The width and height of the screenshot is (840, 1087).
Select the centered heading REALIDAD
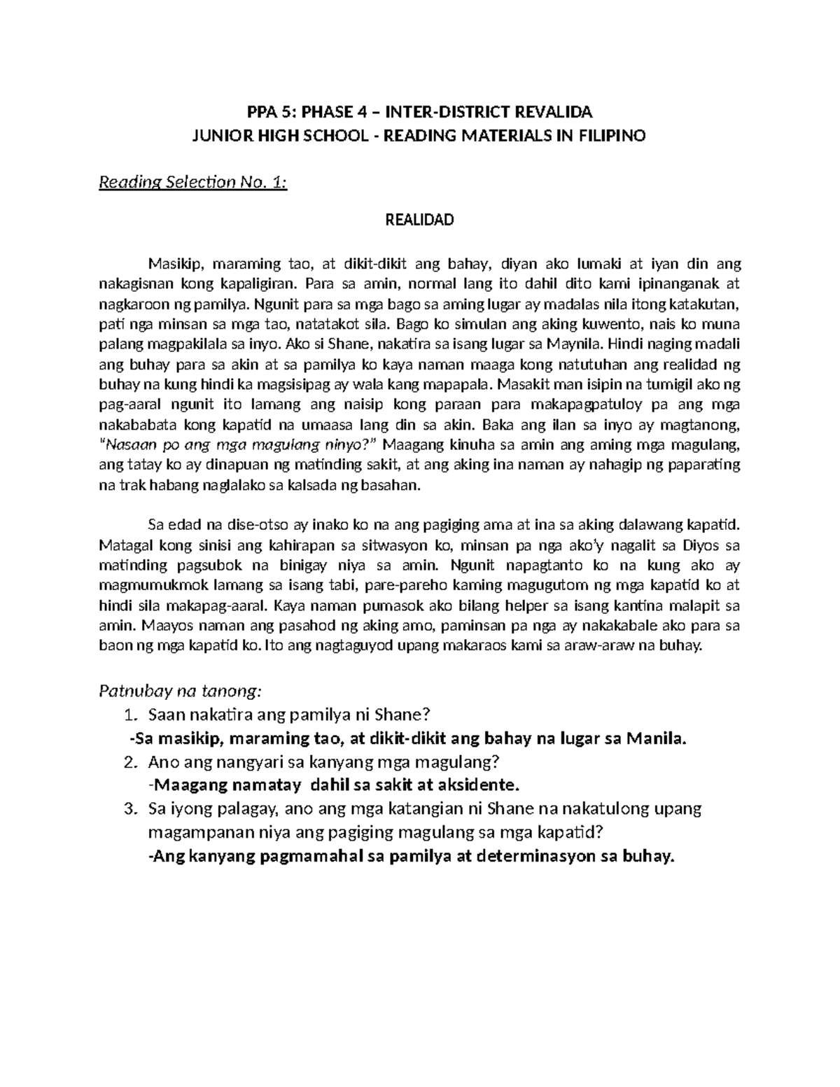(420, 220)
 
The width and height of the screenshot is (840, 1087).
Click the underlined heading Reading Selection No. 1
(194, 183)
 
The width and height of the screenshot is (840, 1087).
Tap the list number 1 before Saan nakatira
(128, 715)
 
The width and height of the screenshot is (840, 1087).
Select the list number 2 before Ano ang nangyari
(128, 762)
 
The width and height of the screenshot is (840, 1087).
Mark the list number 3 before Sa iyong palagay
(128, 809)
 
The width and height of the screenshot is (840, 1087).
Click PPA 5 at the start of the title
(271, 112)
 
